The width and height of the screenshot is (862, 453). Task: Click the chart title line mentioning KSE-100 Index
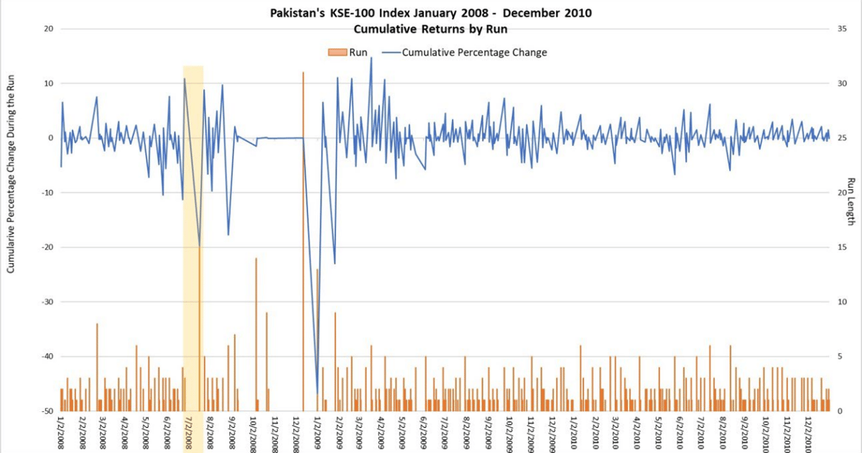[x=431, y=13]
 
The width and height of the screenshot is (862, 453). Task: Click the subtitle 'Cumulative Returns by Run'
[x=431, y=29]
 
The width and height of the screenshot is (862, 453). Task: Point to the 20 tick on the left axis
[x=50, y=29]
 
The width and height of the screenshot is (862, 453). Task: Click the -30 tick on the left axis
[x=47, y=302]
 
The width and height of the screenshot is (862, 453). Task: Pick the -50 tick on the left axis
[x=47, y=411]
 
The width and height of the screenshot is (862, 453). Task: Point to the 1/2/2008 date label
[x=62, y=433]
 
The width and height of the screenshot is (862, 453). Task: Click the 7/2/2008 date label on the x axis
[x=190, y=433]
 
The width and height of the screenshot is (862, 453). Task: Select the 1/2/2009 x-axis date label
[x=318, y=433]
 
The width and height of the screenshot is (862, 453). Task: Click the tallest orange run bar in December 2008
[x=303, y=241]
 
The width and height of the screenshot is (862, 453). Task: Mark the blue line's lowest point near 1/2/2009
[x=318, y=392]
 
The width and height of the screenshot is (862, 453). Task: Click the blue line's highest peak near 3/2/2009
[x=371, y=58]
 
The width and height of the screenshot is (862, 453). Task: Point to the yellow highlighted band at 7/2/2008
[x=193, y=237]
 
